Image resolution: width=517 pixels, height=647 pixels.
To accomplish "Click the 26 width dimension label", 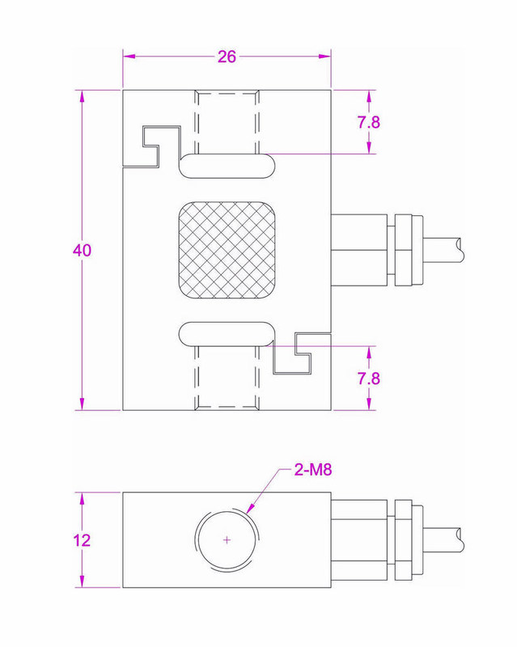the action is point(227,57).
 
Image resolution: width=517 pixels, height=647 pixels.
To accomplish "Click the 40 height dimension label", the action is point(82,251).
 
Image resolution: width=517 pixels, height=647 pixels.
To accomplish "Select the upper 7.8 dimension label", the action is point(368,122).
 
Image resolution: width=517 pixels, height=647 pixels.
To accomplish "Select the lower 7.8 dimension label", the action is point(368,378).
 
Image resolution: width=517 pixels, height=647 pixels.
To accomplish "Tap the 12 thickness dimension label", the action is point(82,540).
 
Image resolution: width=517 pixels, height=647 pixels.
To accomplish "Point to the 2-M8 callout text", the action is point(312,470).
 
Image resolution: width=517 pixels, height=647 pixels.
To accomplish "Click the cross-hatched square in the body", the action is point(227,250).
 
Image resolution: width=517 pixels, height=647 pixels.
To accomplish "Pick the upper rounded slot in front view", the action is point(227,166).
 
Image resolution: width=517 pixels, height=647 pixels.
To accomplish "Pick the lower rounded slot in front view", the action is point(227,334).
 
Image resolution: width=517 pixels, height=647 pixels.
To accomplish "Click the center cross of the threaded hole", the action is point(227,539).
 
